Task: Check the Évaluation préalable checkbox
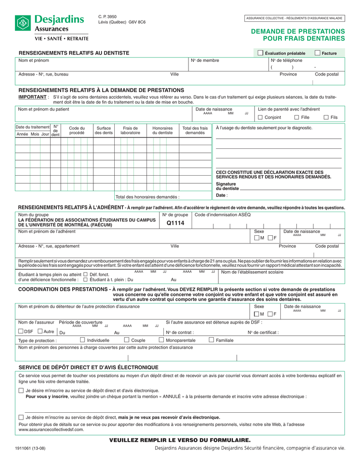pos(260,53)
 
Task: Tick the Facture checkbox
pos(318,53)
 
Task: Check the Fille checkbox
pos(297,118)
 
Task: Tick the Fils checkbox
pos(326,118)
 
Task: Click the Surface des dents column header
pos(104,130)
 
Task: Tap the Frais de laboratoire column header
pos(130,130)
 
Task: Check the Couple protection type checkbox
pos(127,340)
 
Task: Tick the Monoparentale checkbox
pos(162,340)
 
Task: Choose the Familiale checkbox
pos(212,340)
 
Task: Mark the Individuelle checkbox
pos(82,340)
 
